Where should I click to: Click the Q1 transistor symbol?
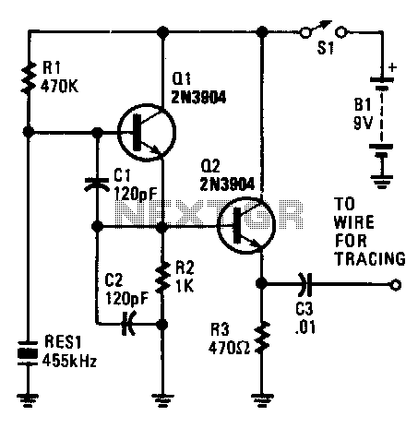click(x=147, y=132)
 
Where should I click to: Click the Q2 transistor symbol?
click(x=245, y=225)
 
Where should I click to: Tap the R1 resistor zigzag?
click(x=28, y=77)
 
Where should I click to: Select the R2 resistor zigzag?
click(x=162, y=277)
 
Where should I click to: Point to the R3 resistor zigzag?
click(x=261, y=338)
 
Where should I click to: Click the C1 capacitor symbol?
click(x=97, y=184)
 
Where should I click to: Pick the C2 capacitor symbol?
click(x=129, y=324)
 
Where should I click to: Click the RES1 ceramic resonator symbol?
click(x=28, y=353)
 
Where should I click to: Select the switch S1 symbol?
click(x=324, y=30)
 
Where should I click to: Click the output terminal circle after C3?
click(x=396, y=285)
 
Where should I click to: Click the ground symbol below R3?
click(x=261, y=400)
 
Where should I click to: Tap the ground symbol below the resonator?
click(x=28, y=400)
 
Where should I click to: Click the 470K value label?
click(x=60, y=87)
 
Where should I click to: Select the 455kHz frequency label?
click(x=69, y=360)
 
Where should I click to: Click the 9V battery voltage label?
click(x=364, y=123)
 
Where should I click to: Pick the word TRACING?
click(x=370, y=258)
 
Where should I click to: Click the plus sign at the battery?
click(x=392, y=67)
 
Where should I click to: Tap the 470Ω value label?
click(x=229, y=348)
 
